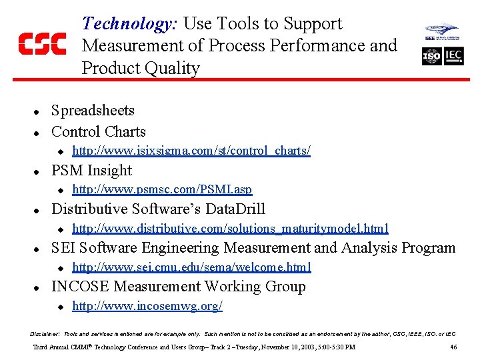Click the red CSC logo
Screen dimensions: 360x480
[42, 43]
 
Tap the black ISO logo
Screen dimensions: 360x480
[431, 57]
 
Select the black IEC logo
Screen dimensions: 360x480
[453, 57]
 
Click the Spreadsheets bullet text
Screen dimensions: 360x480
[93, 111]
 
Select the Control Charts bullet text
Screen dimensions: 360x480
[98, 131]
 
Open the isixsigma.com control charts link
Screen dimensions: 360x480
[191, 151]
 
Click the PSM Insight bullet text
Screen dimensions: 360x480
[91, 170]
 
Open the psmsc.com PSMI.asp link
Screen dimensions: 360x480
[162, 189]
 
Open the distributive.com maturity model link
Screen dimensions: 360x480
[230, 229]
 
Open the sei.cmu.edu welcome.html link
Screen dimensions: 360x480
[191, 267]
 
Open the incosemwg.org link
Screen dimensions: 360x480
[147, 306]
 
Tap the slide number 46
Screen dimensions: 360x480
[453, 347]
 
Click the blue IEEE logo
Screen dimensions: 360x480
[443, 32]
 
